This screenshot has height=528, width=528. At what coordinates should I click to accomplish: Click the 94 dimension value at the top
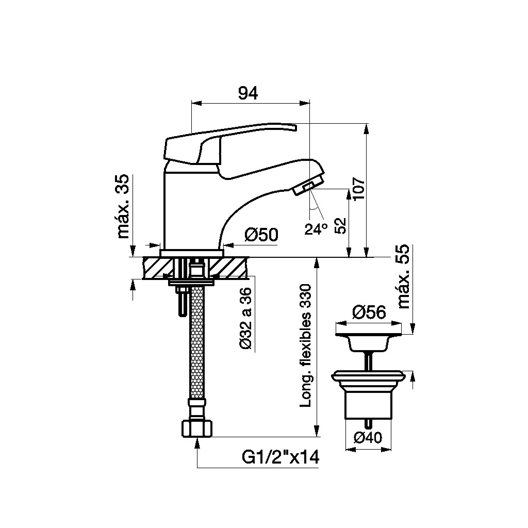(x=248, y=93)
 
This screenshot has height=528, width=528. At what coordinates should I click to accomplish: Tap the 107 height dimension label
(x=359, y=188)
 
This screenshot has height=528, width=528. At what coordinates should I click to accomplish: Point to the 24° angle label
(x=316, y=229)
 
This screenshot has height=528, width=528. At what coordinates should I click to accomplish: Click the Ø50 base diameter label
(x=261, y=235)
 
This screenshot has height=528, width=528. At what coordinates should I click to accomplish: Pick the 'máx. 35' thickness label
(x=123, y=206)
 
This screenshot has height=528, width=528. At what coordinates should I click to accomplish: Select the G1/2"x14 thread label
(x=280, y=457)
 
